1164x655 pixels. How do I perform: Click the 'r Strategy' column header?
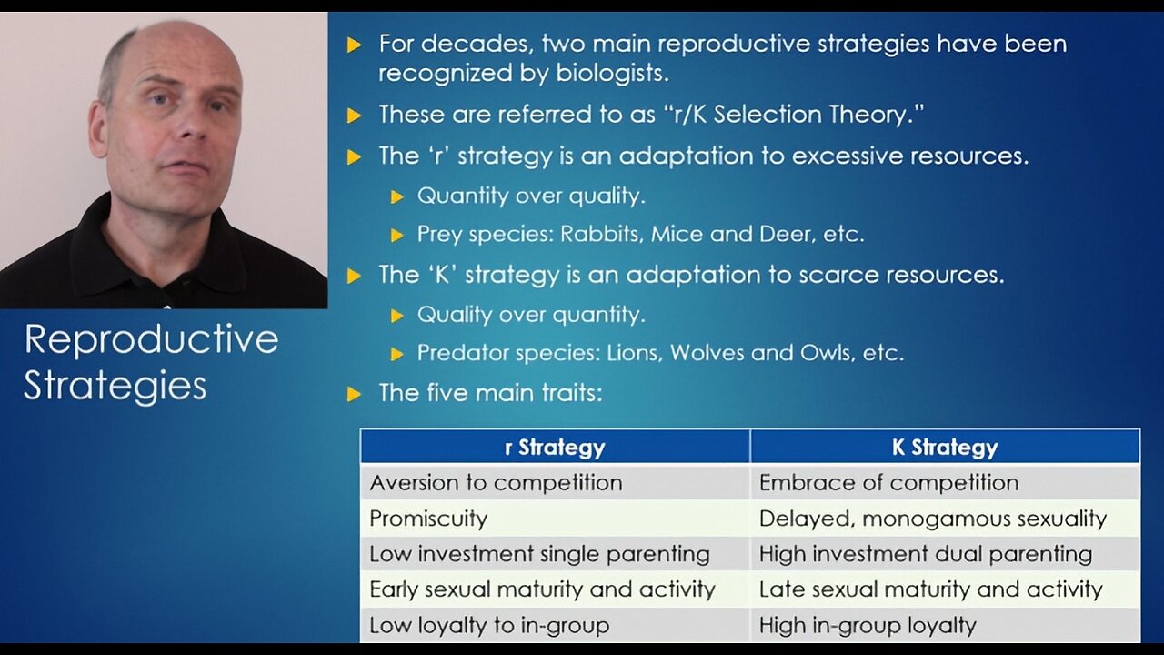(x=555, y=447)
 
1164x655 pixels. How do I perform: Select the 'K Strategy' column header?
(x=945, y=447)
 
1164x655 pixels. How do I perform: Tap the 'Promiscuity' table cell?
(x=428, y=519)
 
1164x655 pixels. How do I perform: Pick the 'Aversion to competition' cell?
(x=496, y=482)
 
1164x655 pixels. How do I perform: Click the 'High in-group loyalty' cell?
(x=868, y=625)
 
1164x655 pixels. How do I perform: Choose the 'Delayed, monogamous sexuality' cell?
(x=933, y=519)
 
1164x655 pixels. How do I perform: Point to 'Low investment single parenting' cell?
(x=539, y=554)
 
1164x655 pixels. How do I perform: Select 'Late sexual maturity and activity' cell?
(x=930, y=589)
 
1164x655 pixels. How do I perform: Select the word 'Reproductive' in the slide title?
(x=151, y=340)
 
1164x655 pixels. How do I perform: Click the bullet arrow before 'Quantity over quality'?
(x=396, y=196)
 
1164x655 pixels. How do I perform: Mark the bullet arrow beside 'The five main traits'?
(x=355, y=395)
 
